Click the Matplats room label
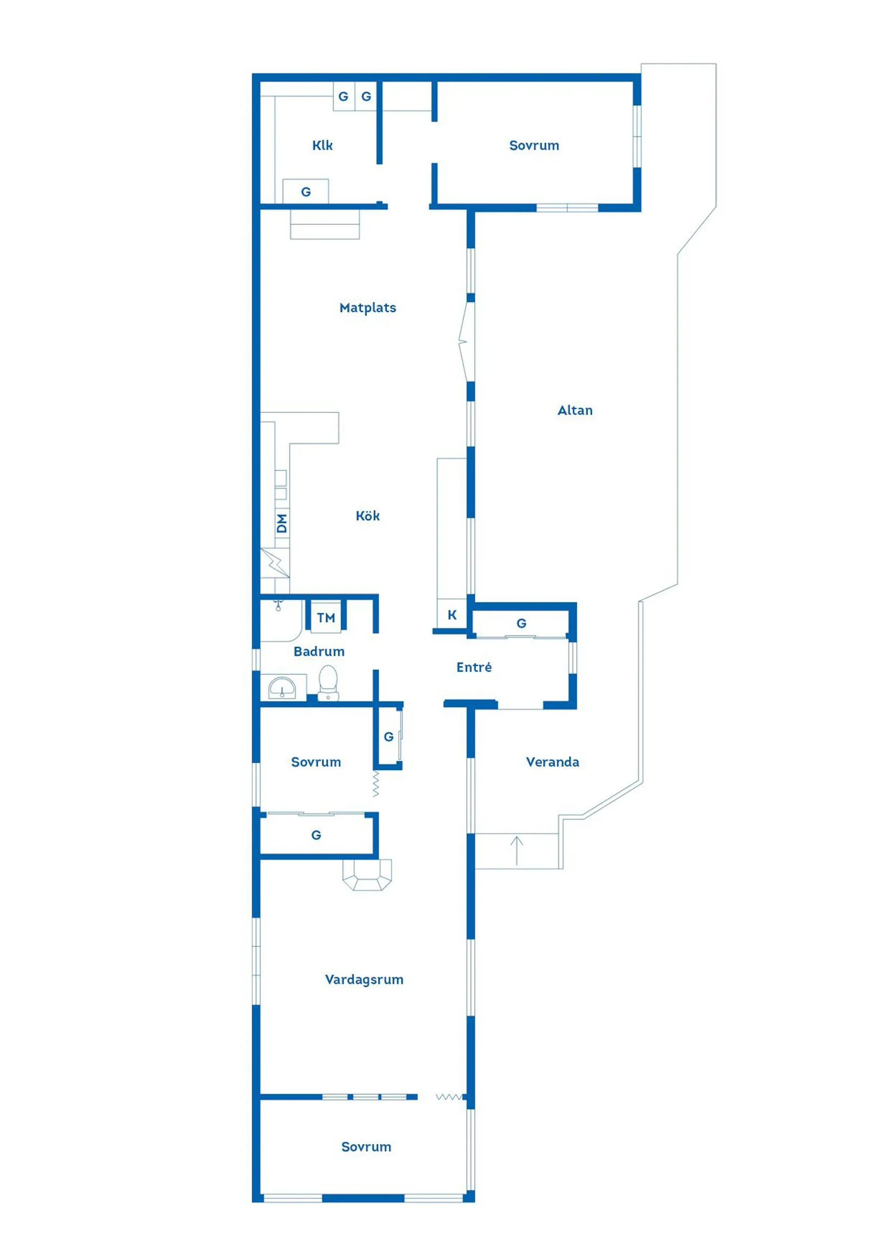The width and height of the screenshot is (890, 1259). click(367, 307)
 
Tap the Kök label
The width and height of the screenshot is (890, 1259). click(367, 516)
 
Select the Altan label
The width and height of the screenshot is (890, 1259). click(574, 410)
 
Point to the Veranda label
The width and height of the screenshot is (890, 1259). click(552, 762)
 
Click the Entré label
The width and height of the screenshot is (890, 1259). click(474, 667)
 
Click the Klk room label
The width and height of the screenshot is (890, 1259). click(323, 145)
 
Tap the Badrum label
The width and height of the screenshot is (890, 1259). click(319, 652)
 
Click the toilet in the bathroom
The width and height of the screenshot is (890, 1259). click(328, 683)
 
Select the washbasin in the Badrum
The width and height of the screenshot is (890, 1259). click(282, 688)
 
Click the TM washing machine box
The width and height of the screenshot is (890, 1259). click(326, 618)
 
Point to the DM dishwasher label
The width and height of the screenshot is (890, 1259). click(282, 523)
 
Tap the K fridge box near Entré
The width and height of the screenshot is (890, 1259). click(452, 614)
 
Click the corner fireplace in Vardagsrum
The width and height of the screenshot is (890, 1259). click(367, 874)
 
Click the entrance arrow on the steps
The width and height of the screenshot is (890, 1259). click(517, 851)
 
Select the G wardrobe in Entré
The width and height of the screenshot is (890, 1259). click(521, 624)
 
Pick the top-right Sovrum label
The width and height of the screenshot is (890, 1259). click(534, 145)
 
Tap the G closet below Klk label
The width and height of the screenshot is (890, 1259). click(305, 191)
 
